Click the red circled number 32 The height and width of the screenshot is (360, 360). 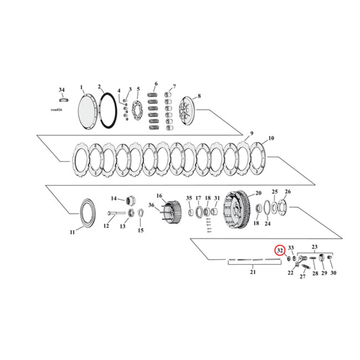pos(279,251)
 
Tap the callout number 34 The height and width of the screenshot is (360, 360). pos(62,90)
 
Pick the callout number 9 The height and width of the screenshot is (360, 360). pos(252,133)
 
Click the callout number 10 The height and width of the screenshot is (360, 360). pos(271,138)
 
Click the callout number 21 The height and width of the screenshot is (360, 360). pos(252,272)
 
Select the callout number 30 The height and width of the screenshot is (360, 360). pos(333,273)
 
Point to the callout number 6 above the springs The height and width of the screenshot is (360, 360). pos(156,84)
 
